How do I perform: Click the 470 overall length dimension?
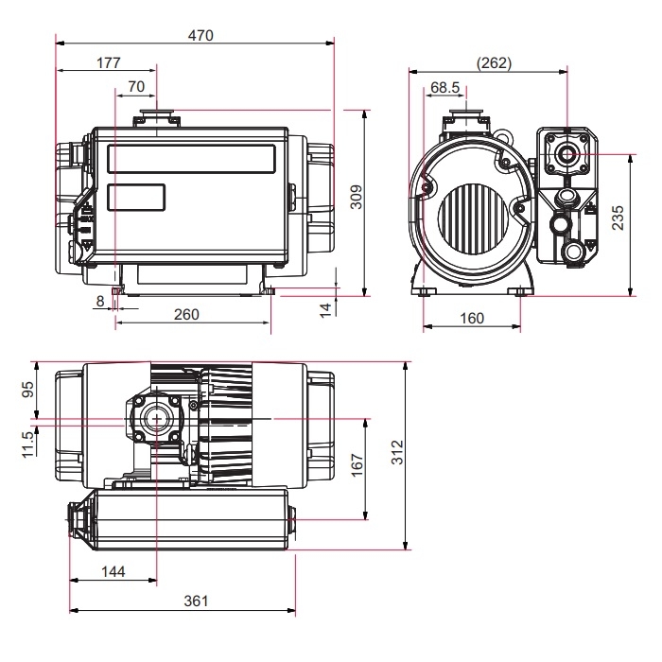coord(200,35)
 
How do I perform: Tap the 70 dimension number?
coord(135,86)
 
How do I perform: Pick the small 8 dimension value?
coord(100,301)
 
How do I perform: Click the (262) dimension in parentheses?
coord(494,63)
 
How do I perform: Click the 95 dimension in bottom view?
coord(27,390)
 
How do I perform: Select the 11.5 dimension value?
coord(27,441)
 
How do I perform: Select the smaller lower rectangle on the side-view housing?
coord(136,198)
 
